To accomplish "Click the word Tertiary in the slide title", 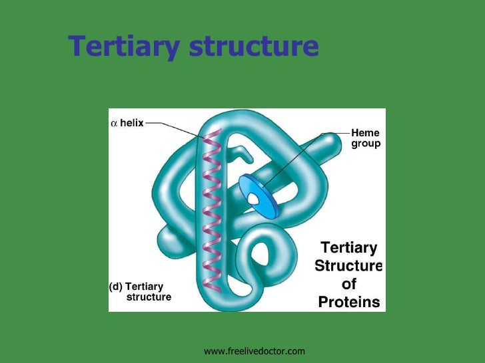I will click(123, 47).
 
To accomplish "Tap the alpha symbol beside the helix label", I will click(114, 123).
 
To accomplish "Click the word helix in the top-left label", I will click(131, 123).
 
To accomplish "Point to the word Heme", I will click(365, 133).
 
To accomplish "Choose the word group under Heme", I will click(366, 143).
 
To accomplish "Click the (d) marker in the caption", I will click(115, 287).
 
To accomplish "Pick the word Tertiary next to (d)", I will click(144, 287).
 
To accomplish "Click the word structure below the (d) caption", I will click(149, 297).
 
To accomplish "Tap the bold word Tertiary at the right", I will click(348, 249).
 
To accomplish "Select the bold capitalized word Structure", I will click(348, 267).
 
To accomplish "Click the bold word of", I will click(349, 285).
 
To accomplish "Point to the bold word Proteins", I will click(349, 302).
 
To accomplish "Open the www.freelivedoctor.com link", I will click(254, 350).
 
